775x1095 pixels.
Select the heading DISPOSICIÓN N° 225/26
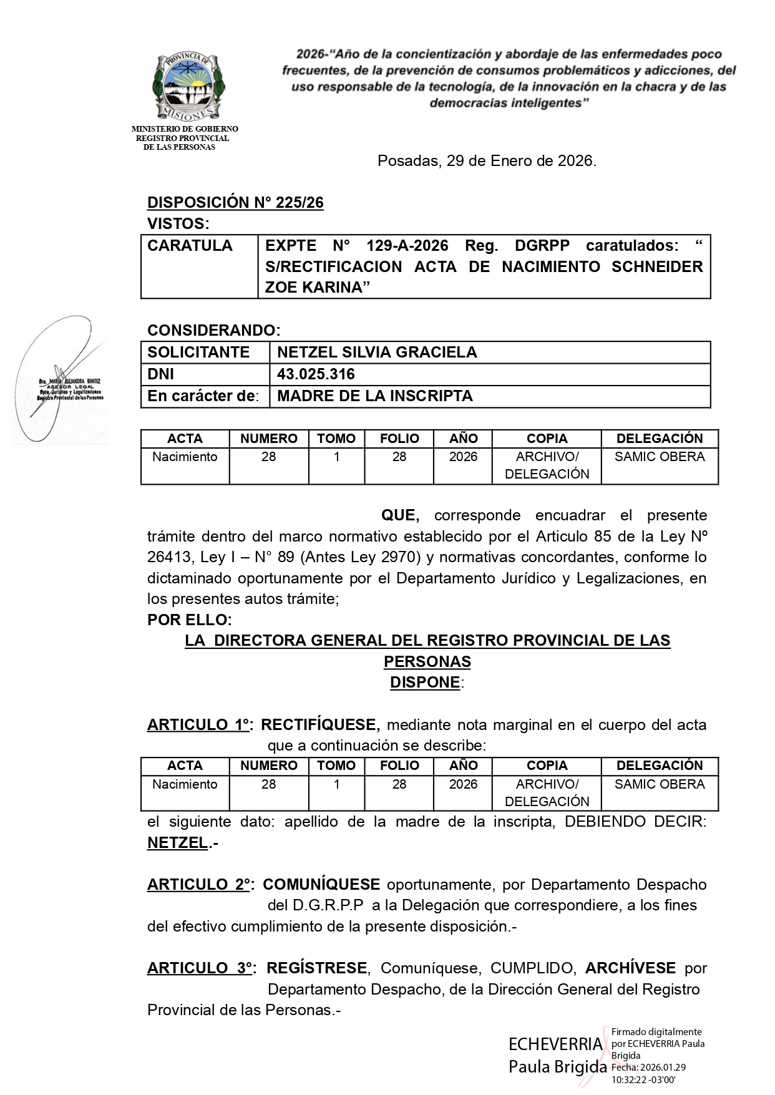pyautogui.click(x=235, y=203)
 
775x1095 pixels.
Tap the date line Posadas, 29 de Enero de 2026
pyautogui.click(x=487, y=161)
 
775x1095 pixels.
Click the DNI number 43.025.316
pyautogui.click(x=316, y=374)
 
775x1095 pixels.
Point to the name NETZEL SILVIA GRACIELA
pyautogui.click(x=377, y=353)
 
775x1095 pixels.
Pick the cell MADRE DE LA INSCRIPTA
pyautogui.click(x=374, y=396)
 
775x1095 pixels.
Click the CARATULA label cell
pyautogui.click(x=190, y=246)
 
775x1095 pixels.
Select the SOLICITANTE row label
pyautogui.click(x=198, y=353)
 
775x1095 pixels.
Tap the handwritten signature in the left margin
pyautogui.click(x=59, y=381)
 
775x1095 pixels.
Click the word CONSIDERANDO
pyautogui.click(x=213, y=330)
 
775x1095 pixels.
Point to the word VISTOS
pyautogui.click(x=177, y=224)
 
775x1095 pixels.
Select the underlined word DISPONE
pyautogui.click(x=425, y=683)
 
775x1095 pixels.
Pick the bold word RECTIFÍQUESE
pyautogui.click(x=319, y=725)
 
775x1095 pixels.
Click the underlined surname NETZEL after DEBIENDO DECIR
pyautogui.click(x=177, y=843)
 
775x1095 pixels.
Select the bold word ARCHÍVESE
pyautogui.click(x=630, y=968)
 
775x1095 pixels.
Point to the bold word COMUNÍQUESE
pyautogui.click(x=321, y=885)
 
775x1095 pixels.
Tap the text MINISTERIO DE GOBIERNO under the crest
pyautogui.click(x=185, y=129)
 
